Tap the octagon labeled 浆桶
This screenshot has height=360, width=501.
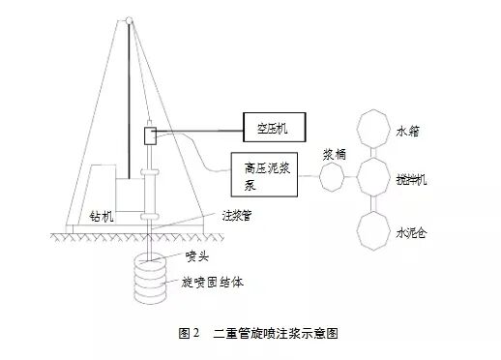pos(332,177)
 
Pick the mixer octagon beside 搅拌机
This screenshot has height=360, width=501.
pos(373,177)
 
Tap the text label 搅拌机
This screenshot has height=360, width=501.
pos(415,179)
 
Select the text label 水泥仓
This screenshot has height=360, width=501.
pos(415,232)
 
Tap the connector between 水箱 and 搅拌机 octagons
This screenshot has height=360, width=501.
pos(373,152)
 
